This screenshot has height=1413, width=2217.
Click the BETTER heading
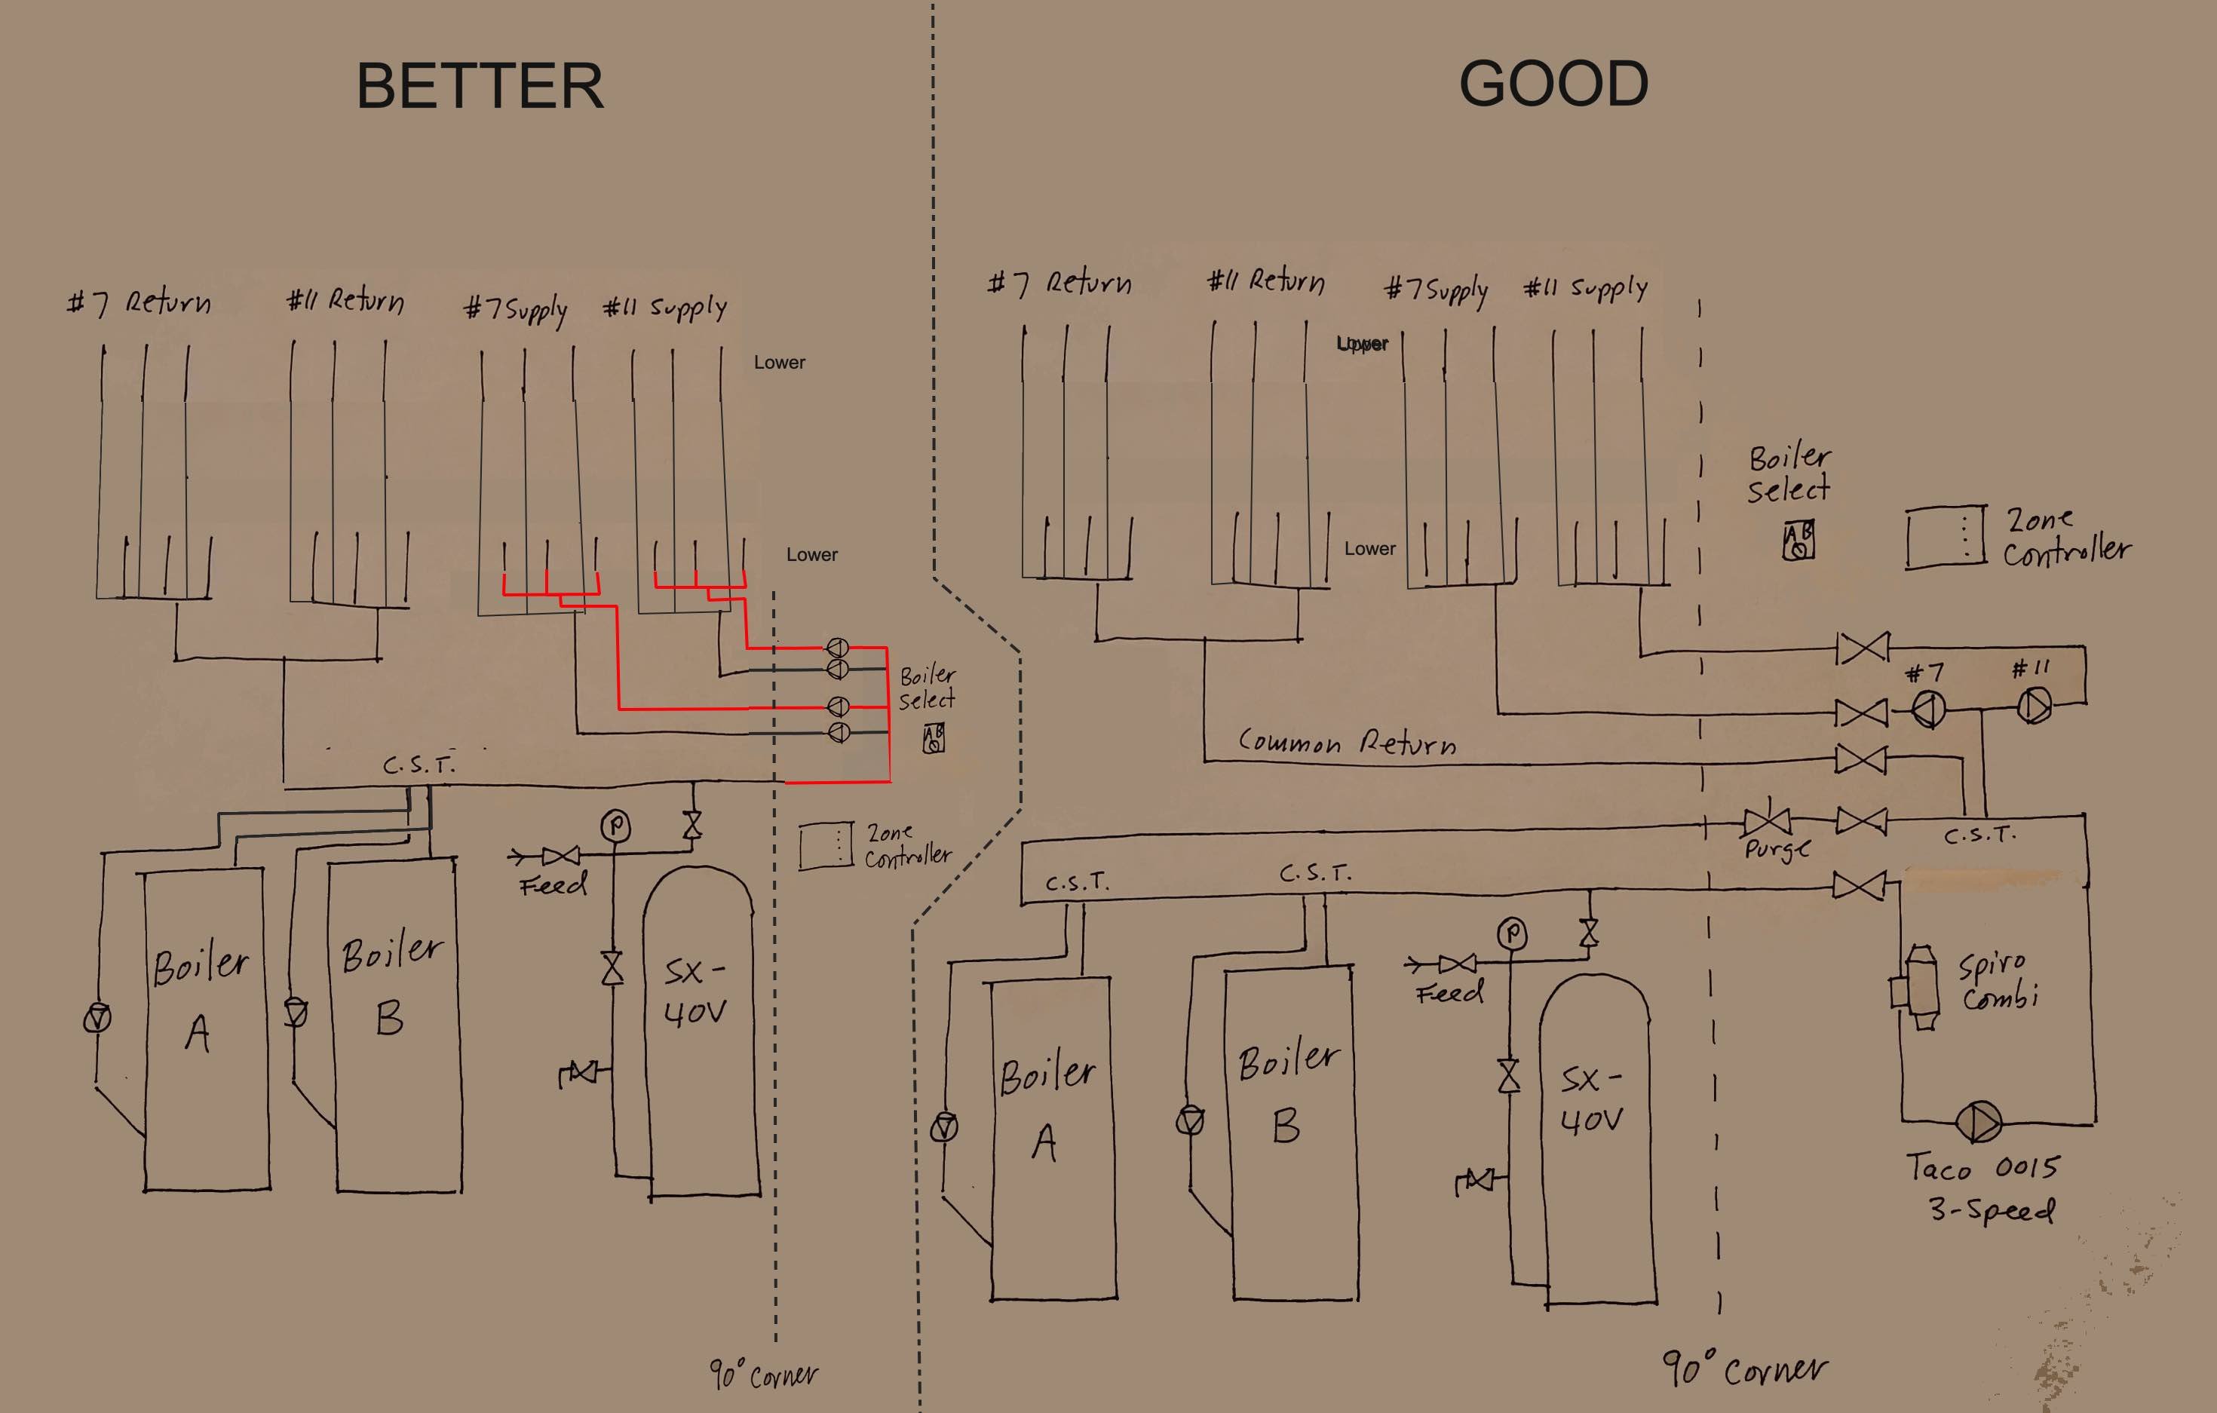[480, 87]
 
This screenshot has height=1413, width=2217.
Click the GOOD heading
[1553, 84]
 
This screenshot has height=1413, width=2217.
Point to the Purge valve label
[1776, 847]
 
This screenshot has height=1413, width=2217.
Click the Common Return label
[1347, 742]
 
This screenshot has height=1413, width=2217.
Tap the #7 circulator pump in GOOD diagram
[1929, 710]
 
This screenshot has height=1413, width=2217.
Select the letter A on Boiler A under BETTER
[197, 1033]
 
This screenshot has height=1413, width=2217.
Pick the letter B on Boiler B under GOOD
[1286, 1126]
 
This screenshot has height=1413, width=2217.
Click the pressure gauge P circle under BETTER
[615, 826]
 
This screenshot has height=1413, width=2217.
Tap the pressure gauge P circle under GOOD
[1511, 934]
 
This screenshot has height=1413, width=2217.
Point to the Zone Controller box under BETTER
[825, 846]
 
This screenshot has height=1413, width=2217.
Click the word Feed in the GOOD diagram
[1449, 992]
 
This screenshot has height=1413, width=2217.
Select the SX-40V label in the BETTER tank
[695, 992]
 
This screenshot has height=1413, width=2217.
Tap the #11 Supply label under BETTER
[665, 308]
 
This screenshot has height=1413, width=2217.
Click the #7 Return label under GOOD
[1059, 283]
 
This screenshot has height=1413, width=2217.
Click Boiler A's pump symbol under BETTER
[97, 1017]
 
